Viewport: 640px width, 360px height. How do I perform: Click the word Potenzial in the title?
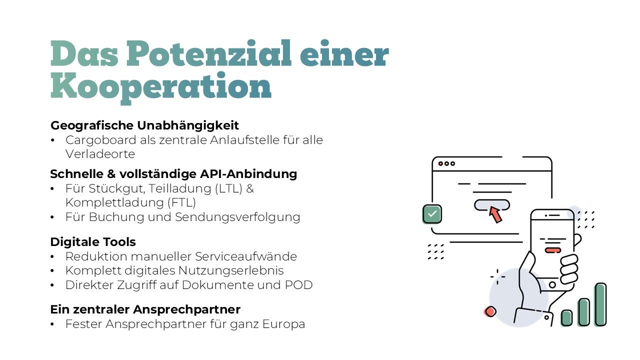point(208,54)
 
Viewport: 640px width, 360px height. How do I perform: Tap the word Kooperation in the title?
point(161,86)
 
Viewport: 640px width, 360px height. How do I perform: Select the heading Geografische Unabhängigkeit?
point(144,125)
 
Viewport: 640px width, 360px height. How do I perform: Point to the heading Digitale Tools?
point(93,242)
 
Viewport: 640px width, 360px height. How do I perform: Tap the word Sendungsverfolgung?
point(237,217)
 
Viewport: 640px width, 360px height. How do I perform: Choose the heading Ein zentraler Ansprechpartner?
point(145,309)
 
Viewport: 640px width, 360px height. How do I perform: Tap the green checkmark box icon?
point(432,214)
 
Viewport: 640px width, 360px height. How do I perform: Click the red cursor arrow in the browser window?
point(495,214)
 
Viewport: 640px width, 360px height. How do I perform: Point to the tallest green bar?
point(600,304)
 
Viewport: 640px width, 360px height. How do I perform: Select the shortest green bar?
point(566,317)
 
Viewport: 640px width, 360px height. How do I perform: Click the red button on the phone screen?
point(552,250)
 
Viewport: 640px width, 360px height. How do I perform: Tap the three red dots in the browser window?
point(446,163)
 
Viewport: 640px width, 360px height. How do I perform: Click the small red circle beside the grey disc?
point(490,311)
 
